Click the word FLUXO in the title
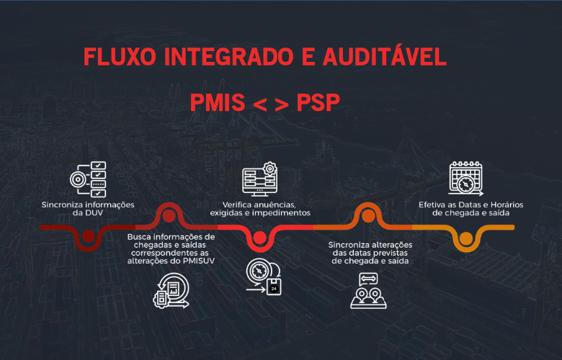pos(120,57)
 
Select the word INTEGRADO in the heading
pos(228,57)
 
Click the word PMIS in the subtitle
pos(218,102)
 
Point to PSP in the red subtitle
pos(318,102)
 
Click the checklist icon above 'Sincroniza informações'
pos(88,179)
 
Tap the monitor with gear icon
pos(260,179)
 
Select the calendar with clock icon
pos(466,179)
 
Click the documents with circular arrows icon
pos(171,290)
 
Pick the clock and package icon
pos(264,277)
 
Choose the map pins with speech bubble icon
pos(368,290)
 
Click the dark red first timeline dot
pos(89,236)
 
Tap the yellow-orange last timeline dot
pos(466,238)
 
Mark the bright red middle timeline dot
pos(260,238)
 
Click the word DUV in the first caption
pos(94,213)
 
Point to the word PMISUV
pos(199,261)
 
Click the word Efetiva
pos(431,205)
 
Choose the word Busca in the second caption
pos(138,237)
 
